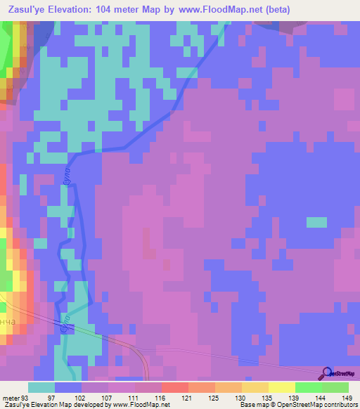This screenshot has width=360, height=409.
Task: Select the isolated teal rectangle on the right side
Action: click(x=316, y=222)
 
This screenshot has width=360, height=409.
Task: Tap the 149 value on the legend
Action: click(x=347, y=398)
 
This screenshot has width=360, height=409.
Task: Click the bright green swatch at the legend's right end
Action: click(x=335, y=387)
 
